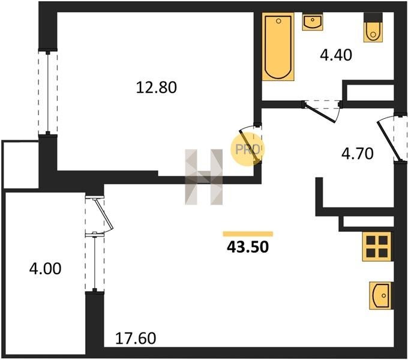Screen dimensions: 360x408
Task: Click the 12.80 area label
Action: coord(156,88)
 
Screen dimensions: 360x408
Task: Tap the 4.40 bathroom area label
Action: coord(335,56)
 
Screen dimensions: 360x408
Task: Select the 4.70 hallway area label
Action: coord(358,153)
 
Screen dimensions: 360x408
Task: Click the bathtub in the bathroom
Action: coord(278,47)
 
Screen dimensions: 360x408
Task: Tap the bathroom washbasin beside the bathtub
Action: coord(312,23)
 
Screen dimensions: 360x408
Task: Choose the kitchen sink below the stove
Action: coord(380,295)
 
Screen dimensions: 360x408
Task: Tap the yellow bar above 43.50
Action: coord(247,233)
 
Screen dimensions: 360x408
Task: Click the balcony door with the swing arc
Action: coord(101,214)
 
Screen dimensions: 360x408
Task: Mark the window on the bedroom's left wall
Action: coord(47,93)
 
